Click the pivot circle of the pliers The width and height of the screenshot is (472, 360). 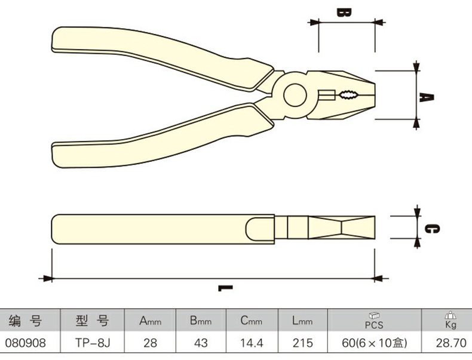[296, 95]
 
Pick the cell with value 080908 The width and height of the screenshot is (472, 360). [24, 343]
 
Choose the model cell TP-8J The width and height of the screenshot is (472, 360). [92, 343]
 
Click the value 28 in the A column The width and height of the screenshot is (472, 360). [151, 343]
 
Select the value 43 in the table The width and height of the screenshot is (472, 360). [201, 343]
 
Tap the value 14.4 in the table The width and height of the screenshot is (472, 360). [252, 343]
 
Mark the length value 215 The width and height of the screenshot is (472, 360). [302, 343]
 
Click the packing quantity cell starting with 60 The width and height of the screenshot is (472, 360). [374, 343]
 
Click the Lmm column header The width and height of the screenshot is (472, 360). [302, 321]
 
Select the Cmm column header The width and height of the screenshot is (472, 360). [252, 321]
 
